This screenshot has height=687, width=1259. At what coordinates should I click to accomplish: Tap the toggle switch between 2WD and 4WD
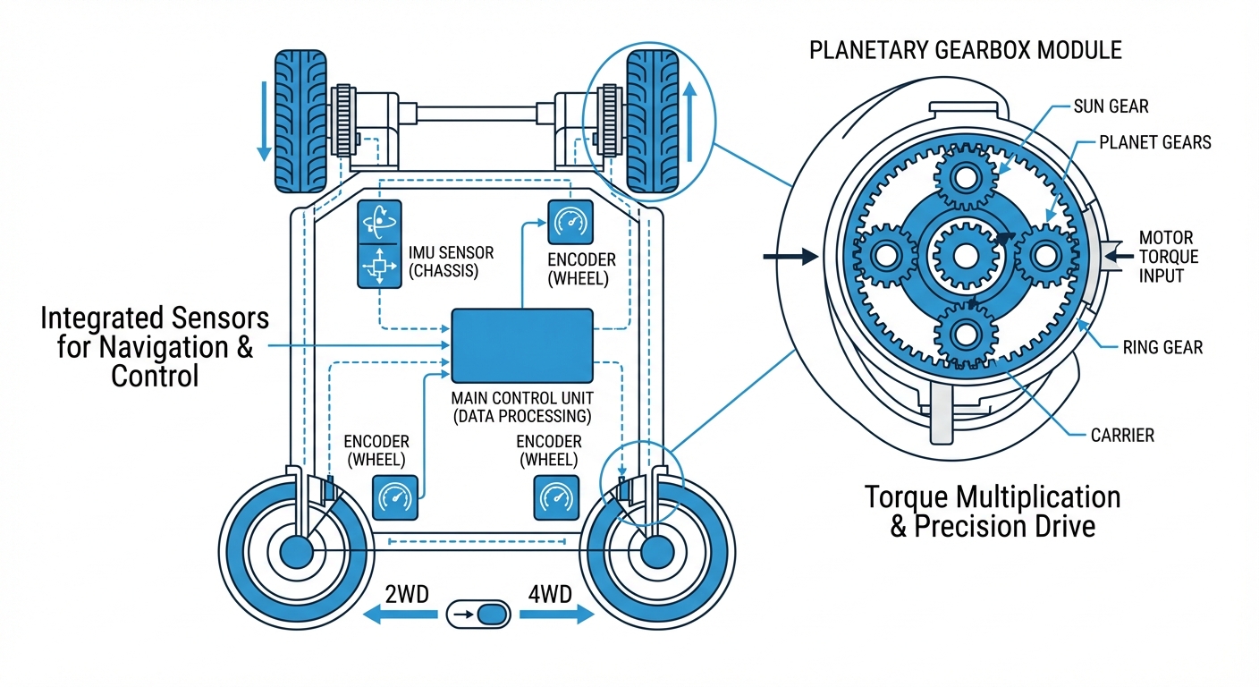tap(477, 615)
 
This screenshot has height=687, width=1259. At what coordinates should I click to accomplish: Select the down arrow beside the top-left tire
tap(263, 121)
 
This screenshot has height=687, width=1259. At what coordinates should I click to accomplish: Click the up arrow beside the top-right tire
tap(689, 121)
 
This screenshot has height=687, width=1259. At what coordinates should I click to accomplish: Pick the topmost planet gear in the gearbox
tap(965, 179)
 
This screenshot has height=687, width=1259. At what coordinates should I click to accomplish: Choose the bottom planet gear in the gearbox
tap(965, 333)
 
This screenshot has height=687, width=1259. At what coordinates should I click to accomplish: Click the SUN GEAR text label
tap(1111, 106)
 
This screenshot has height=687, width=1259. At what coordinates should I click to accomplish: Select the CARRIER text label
tap(1122, 436)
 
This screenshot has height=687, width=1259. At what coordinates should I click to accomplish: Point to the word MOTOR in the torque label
tap(1166, 238)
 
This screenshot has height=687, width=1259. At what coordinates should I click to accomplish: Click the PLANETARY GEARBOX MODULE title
tap(965, 49)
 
